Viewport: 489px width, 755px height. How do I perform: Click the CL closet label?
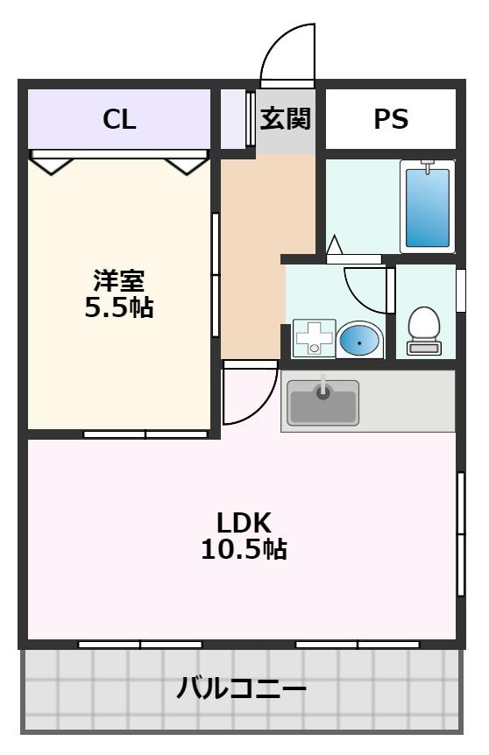point(119,120)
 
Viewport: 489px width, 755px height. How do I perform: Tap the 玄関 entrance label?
point(286,119)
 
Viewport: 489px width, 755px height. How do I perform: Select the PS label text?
point(391,120)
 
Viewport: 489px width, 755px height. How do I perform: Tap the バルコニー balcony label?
point(242,688)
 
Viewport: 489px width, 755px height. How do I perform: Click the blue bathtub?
point(427,207)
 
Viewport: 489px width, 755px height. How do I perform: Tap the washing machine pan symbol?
point(313,338)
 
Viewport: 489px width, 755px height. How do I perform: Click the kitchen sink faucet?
point(323,388)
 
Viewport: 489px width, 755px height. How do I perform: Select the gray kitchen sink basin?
point(323,406)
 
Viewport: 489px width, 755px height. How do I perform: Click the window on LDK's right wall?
point(460,533)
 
